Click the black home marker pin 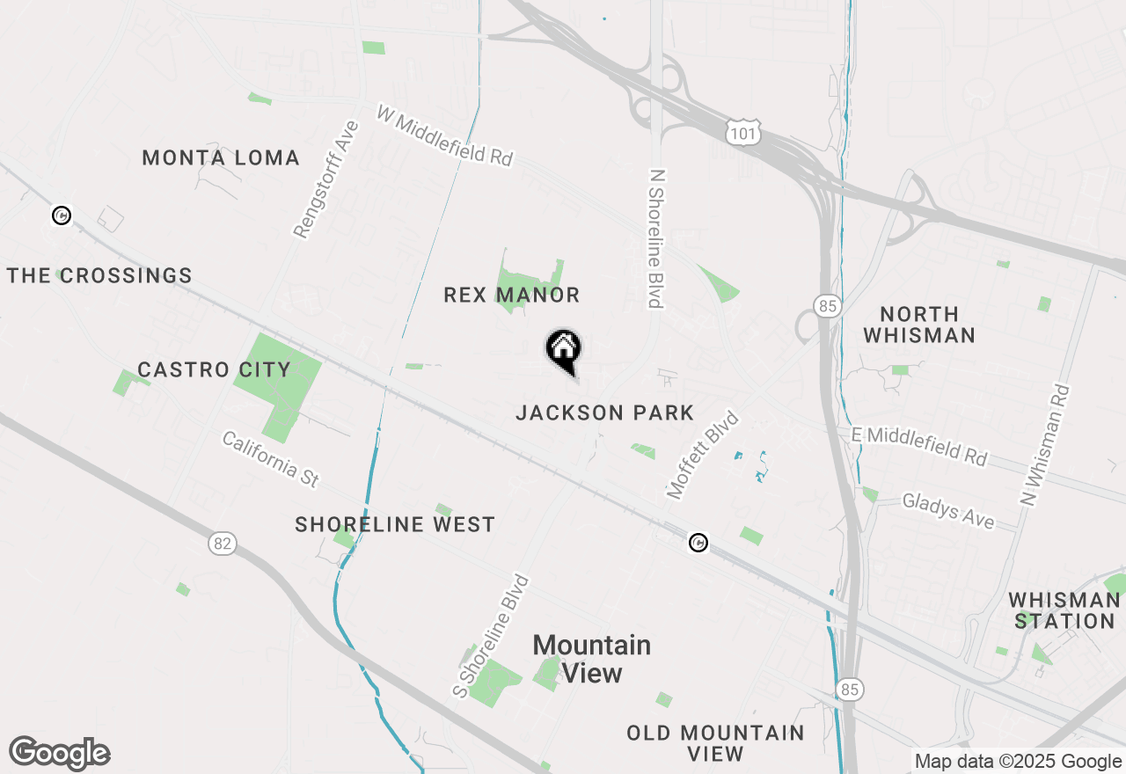563,350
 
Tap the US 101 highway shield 742,134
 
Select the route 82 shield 223,544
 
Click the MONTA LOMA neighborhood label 221,158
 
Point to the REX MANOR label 512,296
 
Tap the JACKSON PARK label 605,413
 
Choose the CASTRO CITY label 214,369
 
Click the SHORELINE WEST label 395,525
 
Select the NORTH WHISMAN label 919,325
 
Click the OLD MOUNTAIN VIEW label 715,743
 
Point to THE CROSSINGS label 99,275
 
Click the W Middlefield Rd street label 445,135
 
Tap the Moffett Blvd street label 703,455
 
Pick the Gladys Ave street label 948,511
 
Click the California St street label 270,459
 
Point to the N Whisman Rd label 1045,443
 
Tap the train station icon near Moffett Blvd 698,543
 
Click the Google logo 60,754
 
